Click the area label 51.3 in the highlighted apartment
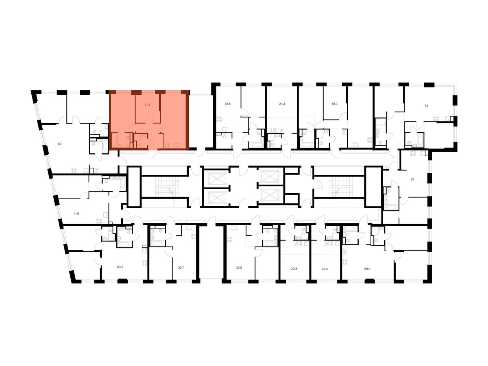point(147,105)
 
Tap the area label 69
point(60,144)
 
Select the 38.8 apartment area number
point(227,104)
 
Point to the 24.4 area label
point(282,104)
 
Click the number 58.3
point(334,104)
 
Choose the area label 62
point(427,106)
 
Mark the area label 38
point(412,179)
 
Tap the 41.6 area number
point(76,213)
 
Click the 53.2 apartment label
point(120,267)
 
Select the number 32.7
point(181,268)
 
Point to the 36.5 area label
point(239,268)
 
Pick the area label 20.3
point(294,269)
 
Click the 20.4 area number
point(325,269)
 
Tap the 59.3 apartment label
point(367,269)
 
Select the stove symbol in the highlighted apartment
point(167,146)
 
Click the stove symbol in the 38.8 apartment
point(220,119)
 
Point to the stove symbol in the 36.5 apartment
point(229,240)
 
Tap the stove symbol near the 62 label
point(436,118)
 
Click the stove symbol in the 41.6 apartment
point(99,221)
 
